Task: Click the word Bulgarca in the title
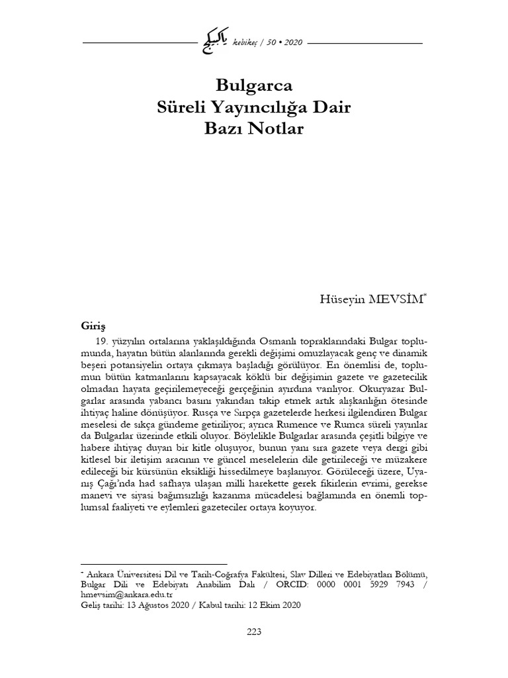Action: [x=255, y=85]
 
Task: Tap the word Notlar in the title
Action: [x=277, y=128]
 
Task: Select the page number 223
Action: [x=254, y=631]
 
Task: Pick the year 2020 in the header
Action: [x=292, y=43]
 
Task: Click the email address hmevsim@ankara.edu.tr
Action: [x=121, y=594]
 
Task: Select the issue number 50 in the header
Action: [x=271, y=43]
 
